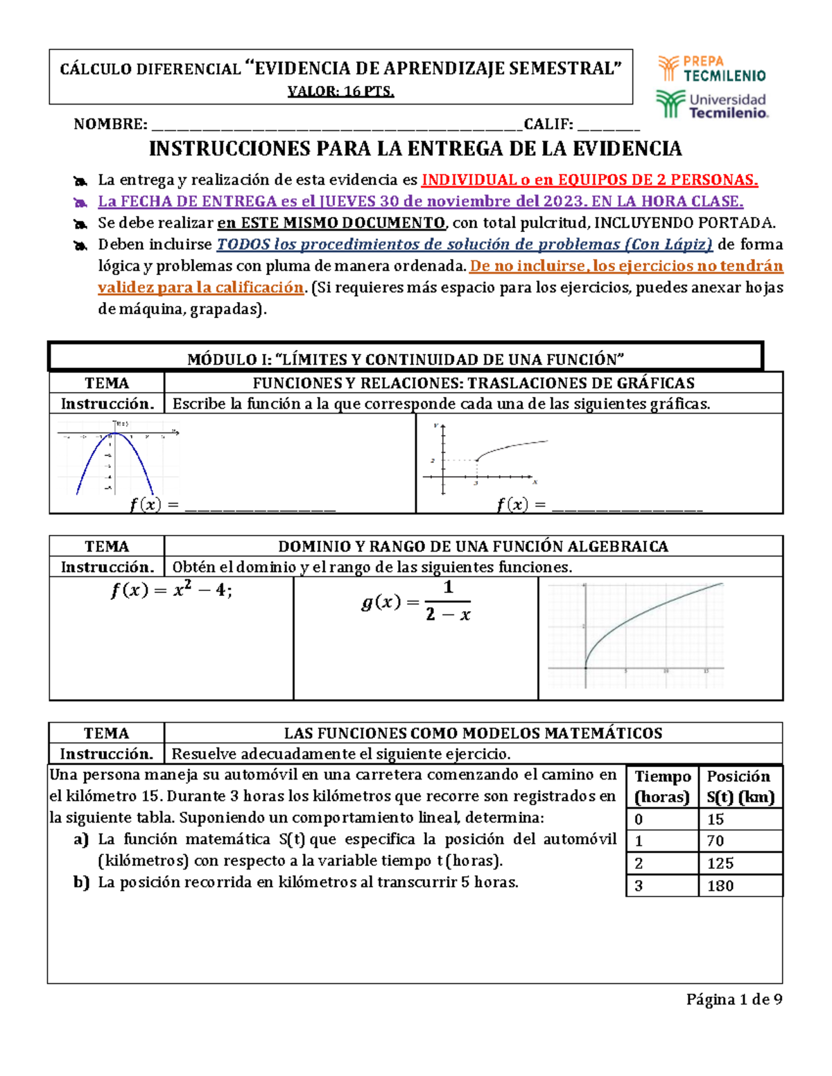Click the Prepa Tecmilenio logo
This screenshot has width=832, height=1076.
point(711,69)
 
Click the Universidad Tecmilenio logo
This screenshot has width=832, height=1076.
point(711,105)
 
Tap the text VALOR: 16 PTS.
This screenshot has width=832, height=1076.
point(340,91)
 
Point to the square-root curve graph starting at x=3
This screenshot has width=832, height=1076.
point(485,457)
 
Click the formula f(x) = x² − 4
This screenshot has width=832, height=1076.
point(171,591)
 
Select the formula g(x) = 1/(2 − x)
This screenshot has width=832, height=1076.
point(416,601)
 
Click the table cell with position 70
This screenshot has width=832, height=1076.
point(740,841)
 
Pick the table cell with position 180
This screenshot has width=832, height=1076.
point(740,886)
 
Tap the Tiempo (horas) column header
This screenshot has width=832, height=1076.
point(662,786)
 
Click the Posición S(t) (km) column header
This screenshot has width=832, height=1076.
point(740,786)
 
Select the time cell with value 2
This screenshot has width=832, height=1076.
point(662,863)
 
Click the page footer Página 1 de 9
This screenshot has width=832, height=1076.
point(734,999)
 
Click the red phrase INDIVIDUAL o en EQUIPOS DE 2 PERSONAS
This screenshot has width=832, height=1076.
point(589,180)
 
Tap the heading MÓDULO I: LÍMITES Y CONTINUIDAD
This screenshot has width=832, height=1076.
point(406,359)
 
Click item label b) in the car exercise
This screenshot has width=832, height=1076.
point(81,883)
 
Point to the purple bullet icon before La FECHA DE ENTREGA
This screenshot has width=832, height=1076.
point(80,203)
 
